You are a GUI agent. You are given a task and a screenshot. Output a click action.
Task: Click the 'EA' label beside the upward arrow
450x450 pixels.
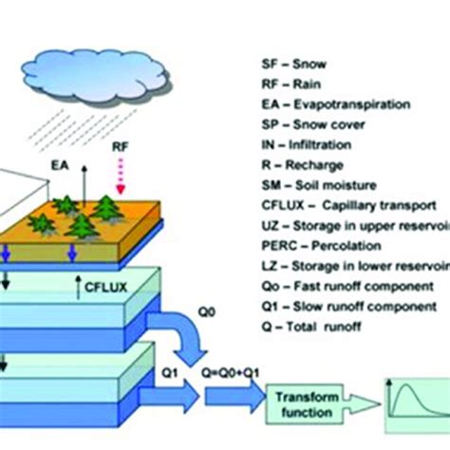pyautogui.click(x=61, y=164)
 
